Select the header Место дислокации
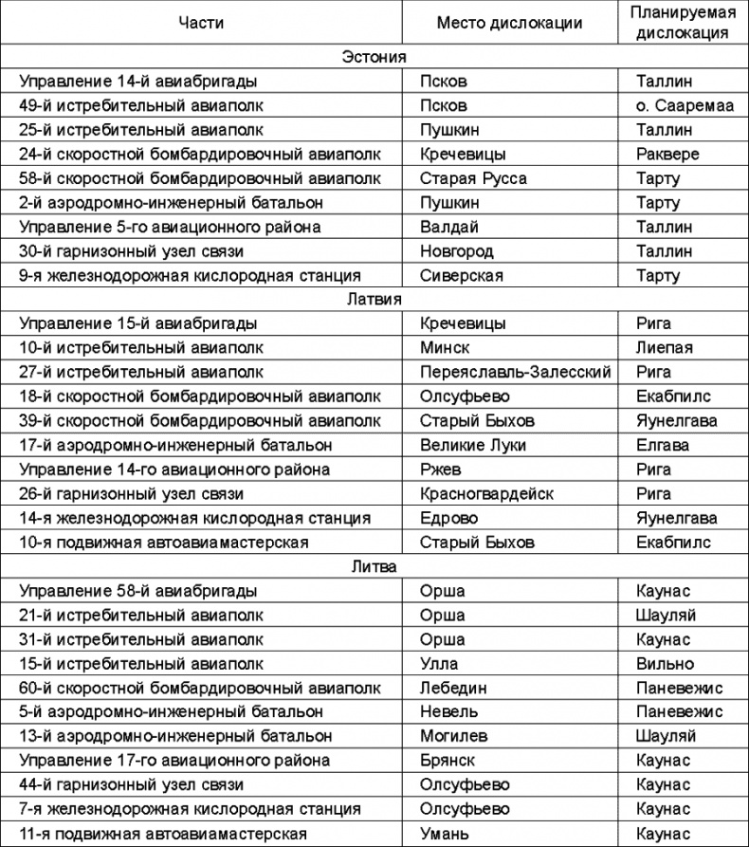(x=509, y=23)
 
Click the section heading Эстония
(x=374, y=57)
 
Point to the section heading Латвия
(x=374, y=300)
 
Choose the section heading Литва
(x=374, y=567)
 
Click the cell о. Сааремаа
(x=685, y=105)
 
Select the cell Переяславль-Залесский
(x=516, y=372)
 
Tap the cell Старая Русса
(x=473, y=178)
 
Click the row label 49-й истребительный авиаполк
(x=141, y=105)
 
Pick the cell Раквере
(x=668, y=154)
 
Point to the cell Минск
(x=445, y=348)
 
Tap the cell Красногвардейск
(x=486, y=493)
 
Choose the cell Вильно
(x=666, y=664)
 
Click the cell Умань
(x=445, y=834)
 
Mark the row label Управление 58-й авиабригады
(x=138, y=591)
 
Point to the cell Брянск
(x=447, y=761)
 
